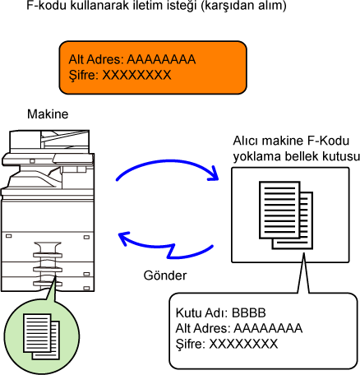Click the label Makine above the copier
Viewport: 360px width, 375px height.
pyautogui.click(x=48, y=114)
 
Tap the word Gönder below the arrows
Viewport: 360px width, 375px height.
pyautogui.click(x=165, y=275)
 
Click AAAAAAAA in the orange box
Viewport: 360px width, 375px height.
pyautogui.click(x=161, y=59)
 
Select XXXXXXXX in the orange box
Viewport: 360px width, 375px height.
pyautogui.click(x=136, y=75)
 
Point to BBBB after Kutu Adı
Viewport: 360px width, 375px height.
pyautogui.click(x=249, y=312)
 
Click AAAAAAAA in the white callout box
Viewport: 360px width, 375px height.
pyautogui.click(x=268, y=328)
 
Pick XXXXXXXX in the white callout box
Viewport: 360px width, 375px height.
pyautogui.click(x=243, y=344)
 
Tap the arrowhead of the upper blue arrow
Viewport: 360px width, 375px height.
pyautogui.click(x=215, y=174)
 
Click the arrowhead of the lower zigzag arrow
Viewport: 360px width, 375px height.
pyautogui.click(x=123, y=238)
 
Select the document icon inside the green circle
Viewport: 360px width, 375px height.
pyautogui.click(x=41, y=336)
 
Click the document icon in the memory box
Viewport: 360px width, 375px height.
pyautogui.click(x=286, y=215)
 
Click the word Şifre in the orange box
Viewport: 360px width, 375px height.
pyautogui.click(x=84, y=76)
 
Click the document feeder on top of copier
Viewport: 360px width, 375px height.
pyautogui.click(x=49, y=141)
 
